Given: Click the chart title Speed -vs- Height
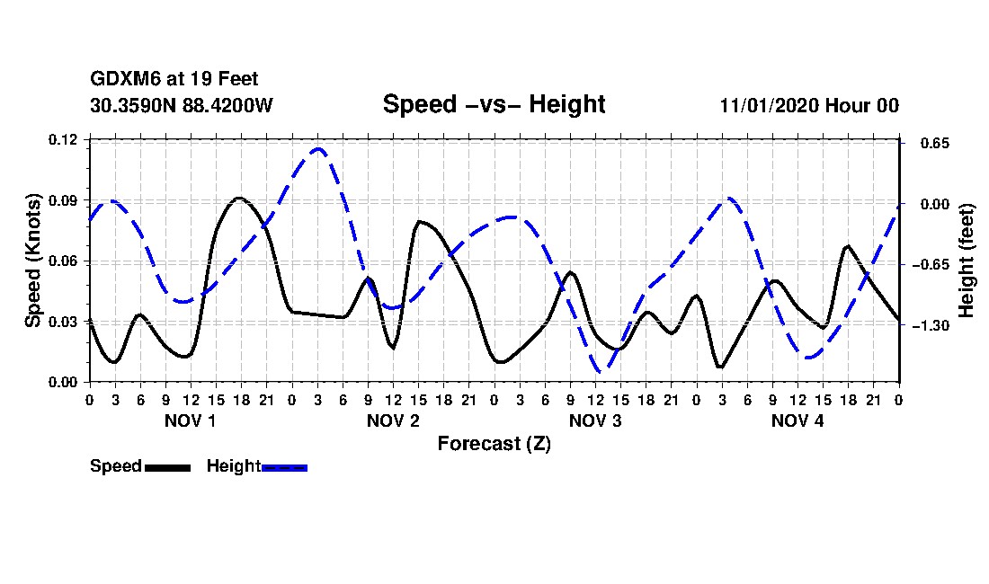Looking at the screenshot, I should click(494, 104).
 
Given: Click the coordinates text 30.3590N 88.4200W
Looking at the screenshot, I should click(181, 105).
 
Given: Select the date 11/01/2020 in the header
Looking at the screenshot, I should click(768, 105).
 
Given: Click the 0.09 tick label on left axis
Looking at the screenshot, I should click(64, 200).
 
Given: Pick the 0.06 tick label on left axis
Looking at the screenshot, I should click(64, 261).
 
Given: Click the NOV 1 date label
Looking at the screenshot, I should click(190, 420).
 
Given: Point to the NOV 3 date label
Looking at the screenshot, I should click(595, 420).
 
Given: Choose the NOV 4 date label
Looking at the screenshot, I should click(797, 420).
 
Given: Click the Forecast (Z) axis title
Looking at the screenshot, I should click(494, 444).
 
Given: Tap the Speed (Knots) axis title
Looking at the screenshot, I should click(33, 261).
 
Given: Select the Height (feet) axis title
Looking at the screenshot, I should click(967, 261).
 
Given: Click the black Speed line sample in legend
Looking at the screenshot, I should click(167, 467).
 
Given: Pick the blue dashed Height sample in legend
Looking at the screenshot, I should click(285, 467).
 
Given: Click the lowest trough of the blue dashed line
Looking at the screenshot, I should click(600, 371).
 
